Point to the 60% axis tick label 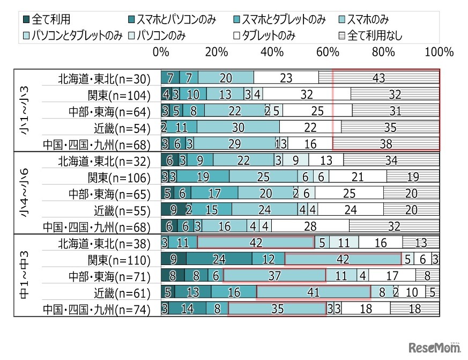pos(328,53)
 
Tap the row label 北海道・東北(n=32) pos(105,160)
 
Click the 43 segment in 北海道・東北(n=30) pos(378,78)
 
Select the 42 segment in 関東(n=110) pos(343,260)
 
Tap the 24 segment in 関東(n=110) pos(219,260)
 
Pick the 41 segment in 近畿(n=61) pos(314,292)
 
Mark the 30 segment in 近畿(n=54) pos(238,128)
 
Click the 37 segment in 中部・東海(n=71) pos(274,276)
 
